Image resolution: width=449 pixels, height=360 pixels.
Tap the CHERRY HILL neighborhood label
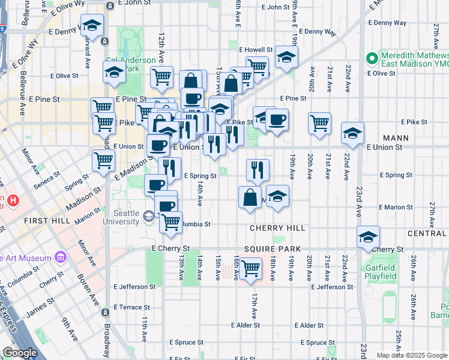click(x=278, y=229)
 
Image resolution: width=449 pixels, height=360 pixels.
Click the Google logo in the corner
click(x=19, y=353)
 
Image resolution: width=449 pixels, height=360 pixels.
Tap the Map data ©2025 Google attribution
click(x=412, y=355)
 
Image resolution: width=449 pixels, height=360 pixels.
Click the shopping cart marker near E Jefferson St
click(x=250, y=268)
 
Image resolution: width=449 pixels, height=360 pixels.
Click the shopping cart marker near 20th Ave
click(x=319, y=122)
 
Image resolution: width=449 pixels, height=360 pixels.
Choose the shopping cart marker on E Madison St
click(x=103, y=160)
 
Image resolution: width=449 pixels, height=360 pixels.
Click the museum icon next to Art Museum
click(x=60, y=258)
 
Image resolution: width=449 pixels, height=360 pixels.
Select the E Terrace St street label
click(x=121, y=307)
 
